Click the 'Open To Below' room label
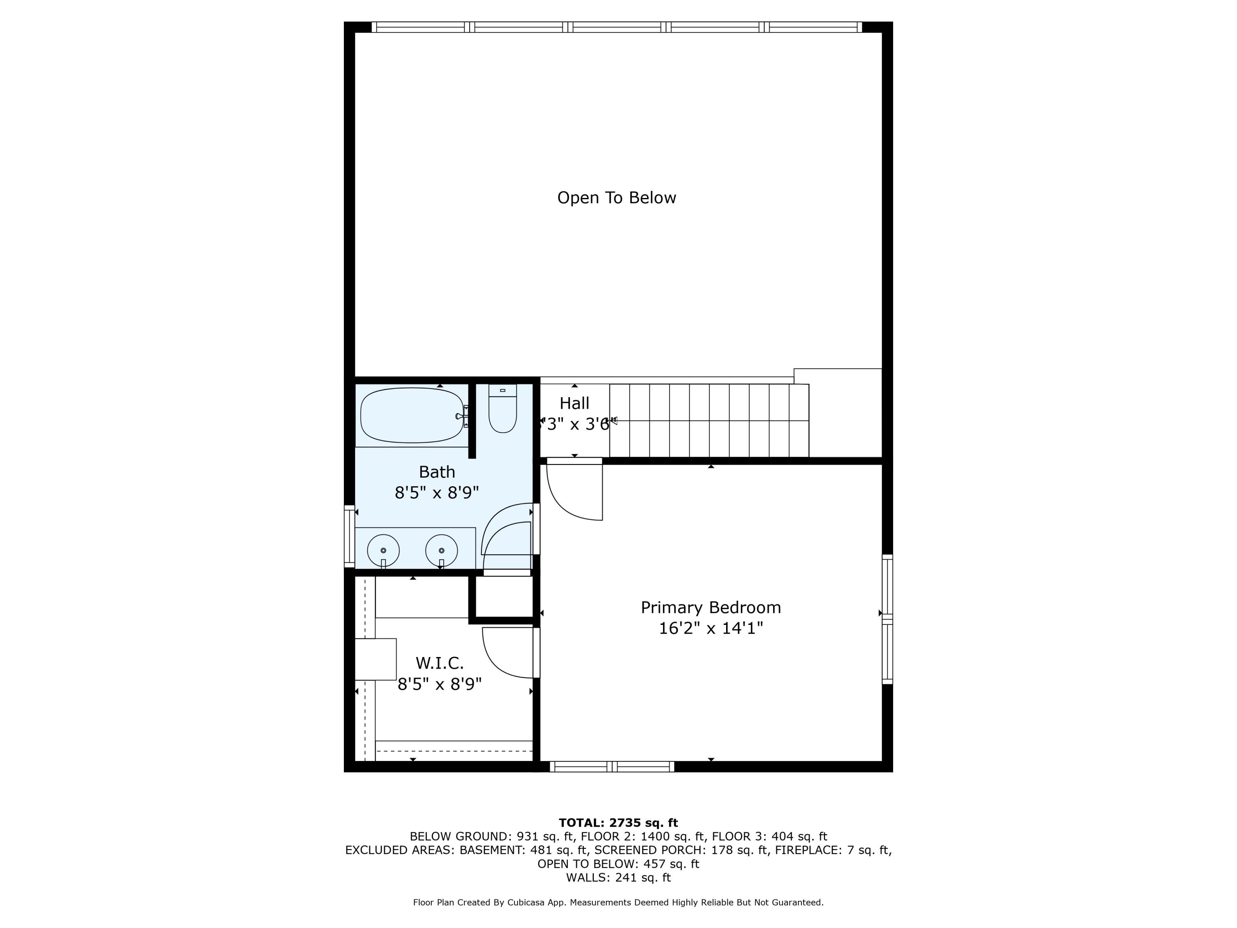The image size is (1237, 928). pos(616,198)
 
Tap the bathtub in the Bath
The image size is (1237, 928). pos(412,415)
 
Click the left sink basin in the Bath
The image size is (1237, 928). pos(383,551)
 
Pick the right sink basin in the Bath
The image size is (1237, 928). pos(441,551)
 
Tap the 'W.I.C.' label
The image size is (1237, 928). pos(440,663)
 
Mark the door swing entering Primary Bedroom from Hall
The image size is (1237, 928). pos(573,490)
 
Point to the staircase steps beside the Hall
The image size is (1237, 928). pos(709,420)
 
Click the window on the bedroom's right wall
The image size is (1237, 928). pos(887,619)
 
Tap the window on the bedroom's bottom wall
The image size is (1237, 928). pos(612,766)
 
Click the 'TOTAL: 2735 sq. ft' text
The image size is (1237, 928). pos(618,823)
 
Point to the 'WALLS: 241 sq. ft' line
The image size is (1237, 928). pos(618,878)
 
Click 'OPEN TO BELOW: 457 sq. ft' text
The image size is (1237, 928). pos(618,864)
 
